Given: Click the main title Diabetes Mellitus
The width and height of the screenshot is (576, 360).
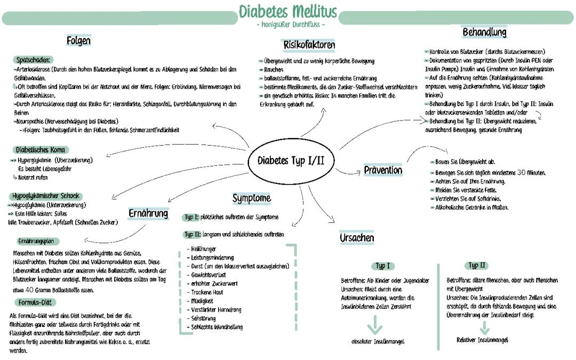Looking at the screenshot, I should pos(288,11).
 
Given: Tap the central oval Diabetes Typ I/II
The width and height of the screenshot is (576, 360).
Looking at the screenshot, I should pos(291,161).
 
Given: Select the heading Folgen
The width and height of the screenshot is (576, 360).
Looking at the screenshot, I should pos(79,41).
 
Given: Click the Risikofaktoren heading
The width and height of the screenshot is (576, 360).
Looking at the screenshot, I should pos(309,45).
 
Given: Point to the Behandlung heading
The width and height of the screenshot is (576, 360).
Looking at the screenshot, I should pos(484,33).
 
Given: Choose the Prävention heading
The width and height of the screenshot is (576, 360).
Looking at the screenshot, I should pos(383,171).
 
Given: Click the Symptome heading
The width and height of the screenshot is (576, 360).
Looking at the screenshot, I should pos(251,198).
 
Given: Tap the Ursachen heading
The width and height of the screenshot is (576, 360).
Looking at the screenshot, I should pos(357,238).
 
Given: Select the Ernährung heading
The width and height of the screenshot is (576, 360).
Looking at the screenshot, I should pos(148,214).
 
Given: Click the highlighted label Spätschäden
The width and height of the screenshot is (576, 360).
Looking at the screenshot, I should pos(34,60).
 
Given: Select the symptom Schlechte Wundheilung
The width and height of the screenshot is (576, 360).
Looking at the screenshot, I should pos(217,327).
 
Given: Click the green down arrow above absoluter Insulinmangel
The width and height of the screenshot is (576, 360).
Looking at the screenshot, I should pos(375,324).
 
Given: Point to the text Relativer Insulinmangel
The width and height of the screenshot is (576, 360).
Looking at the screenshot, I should pos(482,340).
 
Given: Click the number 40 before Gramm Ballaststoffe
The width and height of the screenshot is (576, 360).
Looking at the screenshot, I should pos(30,290).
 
